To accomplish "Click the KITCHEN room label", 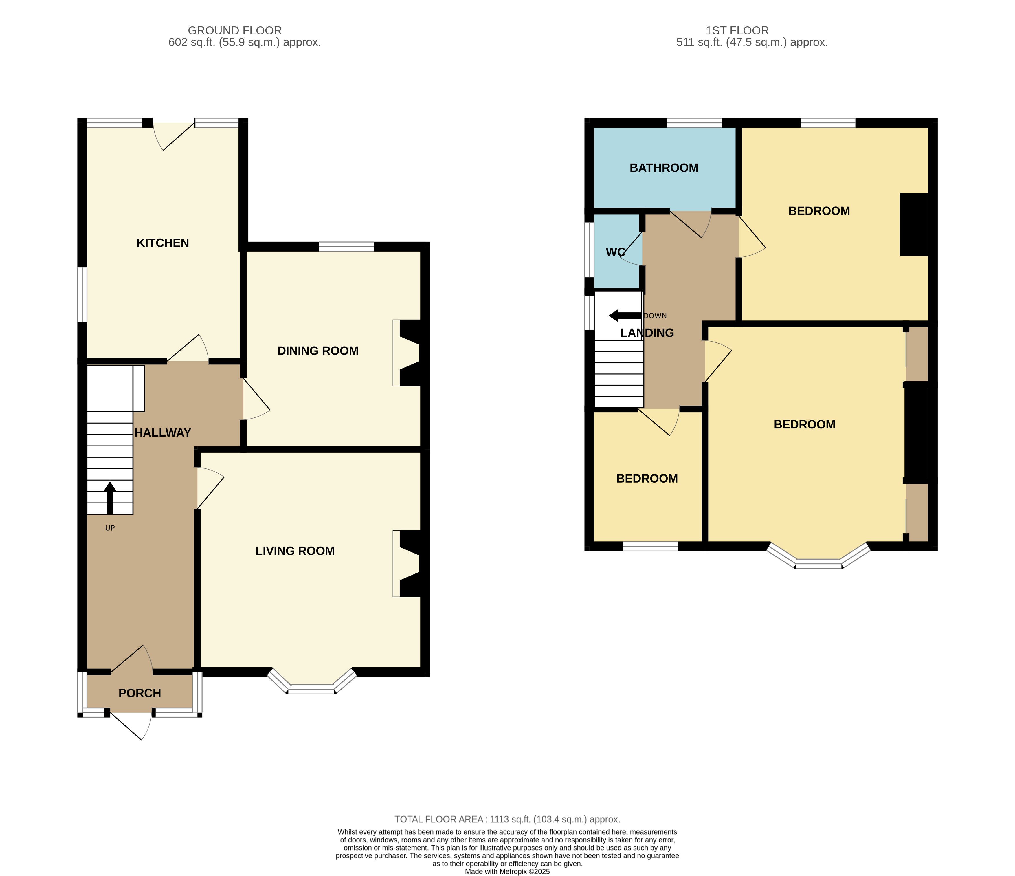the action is coord(163,243).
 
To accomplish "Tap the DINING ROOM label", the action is coord(318,351).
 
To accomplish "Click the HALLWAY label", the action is coord(163,432).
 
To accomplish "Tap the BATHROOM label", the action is coord(664,168).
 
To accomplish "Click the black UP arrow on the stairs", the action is coord(110,498).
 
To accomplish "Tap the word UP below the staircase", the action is coord(110,528).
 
